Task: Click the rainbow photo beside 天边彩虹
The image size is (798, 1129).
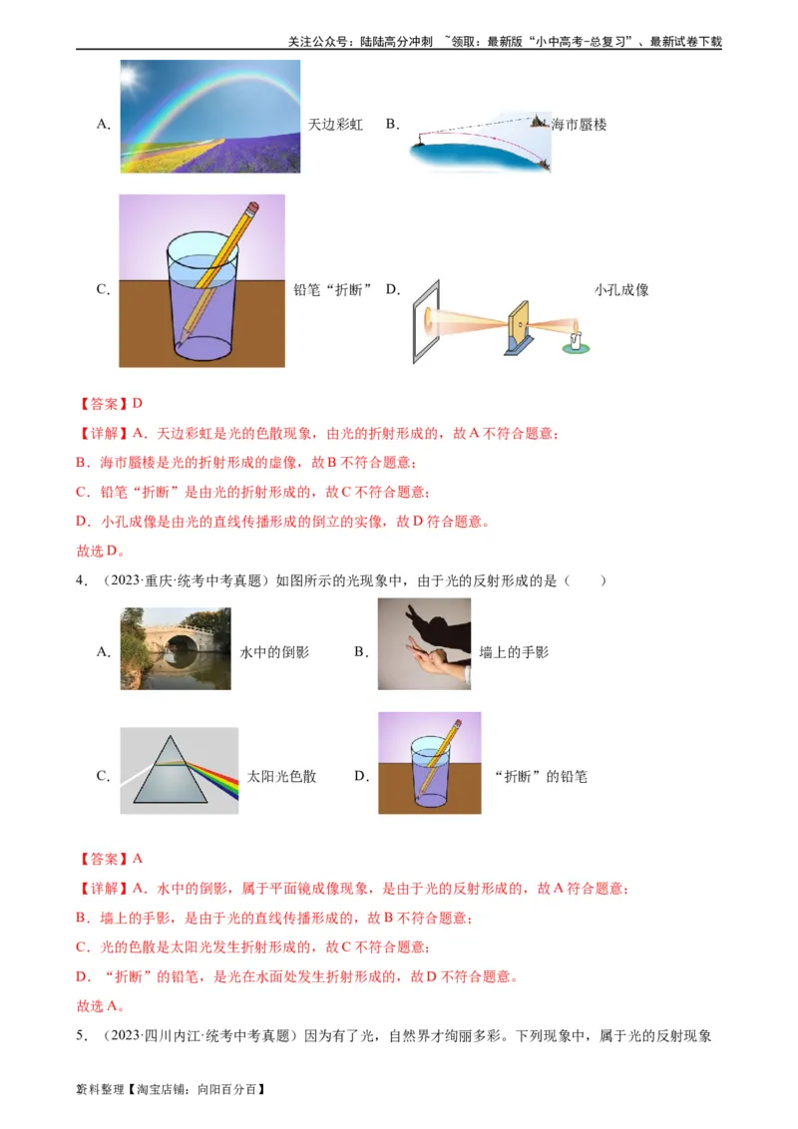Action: tap(210, 115)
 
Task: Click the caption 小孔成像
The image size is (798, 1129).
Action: tap(621, 290)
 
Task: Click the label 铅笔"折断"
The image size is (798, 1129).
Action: tap(332, 290)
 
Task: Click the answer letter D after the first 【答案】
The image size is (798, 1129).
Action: tap(138, 404)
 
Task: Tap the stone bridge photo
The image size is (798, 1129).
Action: tap(176, 649)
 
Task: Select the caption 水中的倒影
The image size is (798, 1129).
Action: tap(275, 652)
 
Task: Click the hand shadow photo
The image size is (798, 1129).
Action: tap(424, 644)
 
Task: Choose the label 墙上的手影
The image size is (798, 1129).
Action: tap(514, 652)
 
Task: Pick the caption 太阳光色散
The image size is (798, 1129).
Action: tap(282, 776)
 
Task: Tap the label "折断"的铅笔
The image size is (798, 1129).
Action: tap(541, 776)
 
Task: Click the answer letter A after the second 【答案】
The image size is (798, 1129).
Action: tap(138, 859)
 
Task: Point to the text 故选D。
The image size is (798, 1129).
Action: tap(100, 551)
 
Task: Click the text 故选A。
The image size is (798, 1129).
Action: tap(100, 1005)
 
